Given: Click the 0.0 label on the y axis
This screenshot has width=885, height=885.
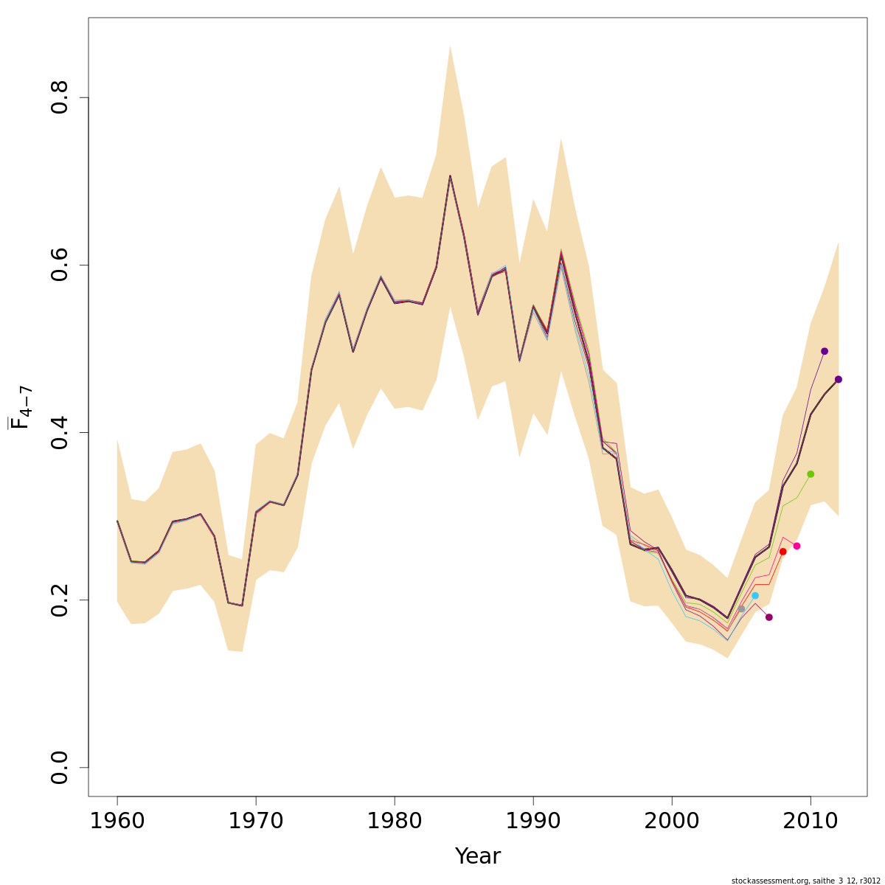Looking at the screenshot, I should tap(60, 767).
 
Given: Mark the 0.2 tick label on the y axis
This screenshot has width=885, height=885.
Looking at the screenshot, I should tap(60, 600).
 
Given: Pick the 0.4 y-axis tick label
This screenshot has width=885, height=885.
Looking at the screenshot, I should tap(60, 432).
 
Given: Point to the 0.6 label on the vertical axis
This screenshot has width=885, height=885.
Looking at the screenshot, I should tap(60, 265).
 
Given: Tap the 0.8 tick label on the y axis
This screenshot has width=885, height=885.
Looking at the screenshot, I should tap(60, 97).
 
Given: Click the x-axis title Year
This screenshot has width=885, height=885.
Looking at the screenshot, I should tap(477, 856).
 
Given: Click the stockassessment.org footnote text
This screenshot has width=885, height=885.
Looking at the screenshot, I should tap(805, 881).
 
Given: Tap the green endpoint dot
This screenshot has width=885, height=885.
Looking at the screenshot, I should tap(811, 474).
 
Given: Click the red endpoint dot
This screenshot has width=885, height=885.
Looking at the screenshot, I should tap(782, 552).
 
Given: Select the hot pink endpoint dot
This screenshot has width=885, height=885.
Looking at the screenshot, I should tap(796, 546).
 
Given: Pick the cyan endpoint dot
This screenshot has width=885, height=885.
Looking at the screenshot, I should tap(755, 596).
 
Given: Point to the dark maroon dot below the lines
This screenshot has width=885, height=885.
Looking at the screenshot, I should tap(769, 617).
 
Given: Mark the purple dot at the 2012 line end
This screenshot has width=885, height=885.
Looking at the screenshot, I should tap(839, 380).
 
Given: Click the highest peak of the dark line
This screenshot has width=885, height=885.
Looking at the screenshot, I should tap(450, 176).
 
